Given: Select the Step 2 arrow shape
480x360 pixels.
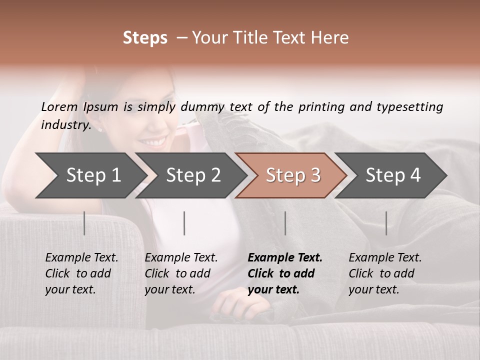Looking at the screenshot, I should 190,175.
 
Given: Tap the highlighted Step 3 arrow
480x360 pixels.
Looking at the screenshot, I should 290,175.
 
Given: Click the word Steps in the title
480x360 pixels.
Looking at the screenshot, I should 145,38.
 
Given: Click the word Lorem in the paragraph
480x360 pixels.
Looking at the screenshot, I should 59,107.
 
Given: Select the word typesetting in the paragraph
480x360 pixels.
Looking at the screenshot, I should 409,107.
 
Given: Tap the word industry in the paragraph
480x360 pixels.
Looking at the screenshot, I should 65,124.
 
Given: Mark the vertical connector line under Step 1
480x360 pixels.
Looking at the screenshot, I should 84,223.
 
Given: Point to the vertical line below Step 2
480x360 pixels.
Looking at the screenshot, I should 184,223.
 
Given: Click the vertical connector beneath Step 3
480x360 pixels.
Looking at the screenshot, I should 285,223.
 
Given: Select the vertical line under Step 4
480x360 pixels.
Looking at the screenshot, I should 386,223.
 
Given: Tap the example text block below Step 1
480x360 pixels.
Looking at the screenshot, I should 81,273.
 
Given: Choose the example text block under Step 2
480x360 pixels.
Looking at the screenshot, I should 181,273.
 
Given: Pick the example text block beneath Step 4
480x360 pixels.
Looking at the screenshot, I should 385,273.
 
